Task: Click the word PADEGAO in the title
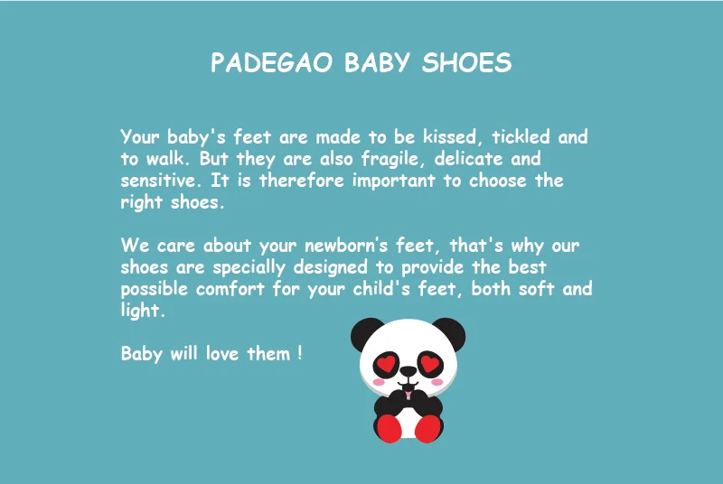point(272,62)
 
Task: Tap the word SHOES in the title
point(466,62)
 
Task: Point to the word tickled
point(521,136)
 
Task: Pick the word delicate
point(468,158)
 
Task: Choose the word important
point(394,181)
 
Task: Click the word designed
point(331,267)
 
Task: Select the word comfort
point(230,289)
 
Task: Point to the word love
point(222,354)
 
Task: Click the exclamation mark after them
point(300,353)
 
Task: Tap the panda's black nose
point(408,371)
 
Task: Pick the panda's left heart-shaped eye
point(387,364)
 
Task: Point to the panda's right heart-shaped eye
point(430,364)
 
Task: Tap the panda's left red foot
point(390,429)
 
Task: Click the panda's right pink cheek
point(437,382)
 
